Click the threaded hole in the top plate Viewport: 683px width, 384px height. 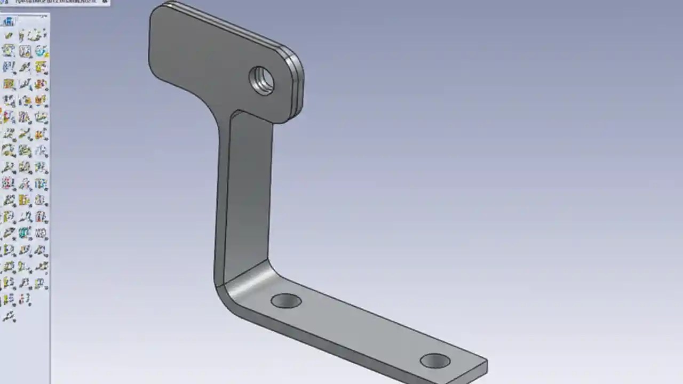click(262, 81)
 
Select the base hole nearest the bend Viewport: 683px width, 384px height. click(286, 301)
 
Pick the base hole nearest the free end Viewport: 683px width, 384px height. click(435, 361)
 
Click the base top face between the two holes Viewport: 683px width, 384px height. click(358, 325)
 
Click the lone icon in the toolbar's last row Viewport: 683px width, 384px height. click(9, 317)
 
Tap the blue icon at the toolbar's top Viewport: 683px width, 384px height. click(9, 22)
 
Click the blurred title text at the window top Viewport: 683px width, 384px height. click(53, 2)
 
